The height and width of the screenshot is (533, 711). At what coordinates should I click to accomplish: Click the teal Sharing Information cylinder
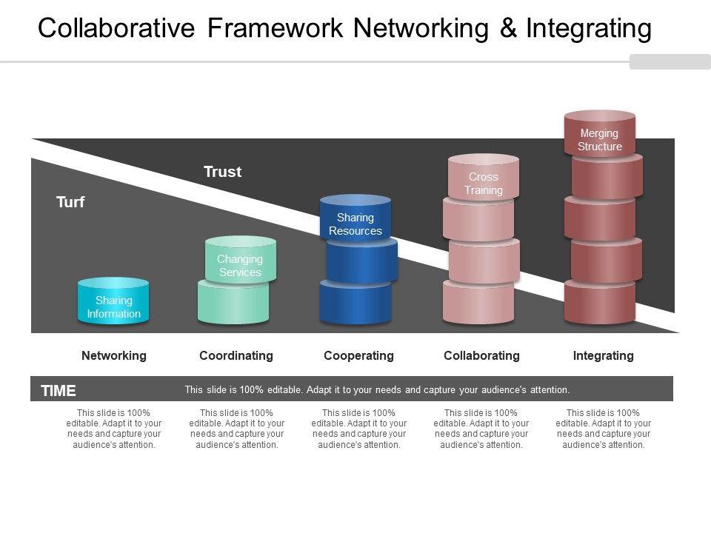[x=113, y=302]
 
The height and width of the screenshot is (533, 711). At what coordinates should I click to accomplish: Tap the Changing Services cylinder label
[x=240, y=265]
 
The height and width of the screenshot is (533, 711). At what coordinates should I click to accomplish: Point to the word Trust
[x=223, y=172]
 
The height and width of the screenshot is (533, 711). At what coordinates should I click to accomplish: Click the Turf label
[x=70, y=201]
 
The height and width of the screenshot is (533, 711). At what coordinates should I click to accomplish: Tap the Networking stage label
[x=114, y=355]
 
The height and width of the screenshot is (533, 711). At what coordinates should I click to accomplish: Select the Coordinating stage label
[x=236, y=355]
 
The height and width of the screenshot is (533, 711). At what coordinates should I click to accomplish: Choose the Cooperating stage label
[x=358, y=355]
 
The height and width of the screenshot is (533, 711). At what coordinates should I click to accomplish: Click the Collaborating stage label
[x=481, y=355]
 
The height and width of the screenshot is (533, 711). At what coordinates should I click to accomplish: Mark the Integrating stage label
[x=604, y=355]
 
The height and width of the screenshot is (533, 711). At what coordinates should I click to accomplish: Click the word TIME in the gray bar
[x=59, y=391]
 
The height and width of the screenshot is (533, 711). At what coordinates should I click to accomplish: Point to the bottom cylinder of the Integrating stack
[x=600, y=304]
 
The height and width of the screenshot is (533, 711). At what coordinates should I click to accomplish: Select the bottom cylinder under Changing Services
[x=233, y=304]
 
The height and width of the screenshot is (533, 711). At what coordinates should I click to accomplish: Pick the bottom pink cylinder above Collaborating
[x=478, y=304]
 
